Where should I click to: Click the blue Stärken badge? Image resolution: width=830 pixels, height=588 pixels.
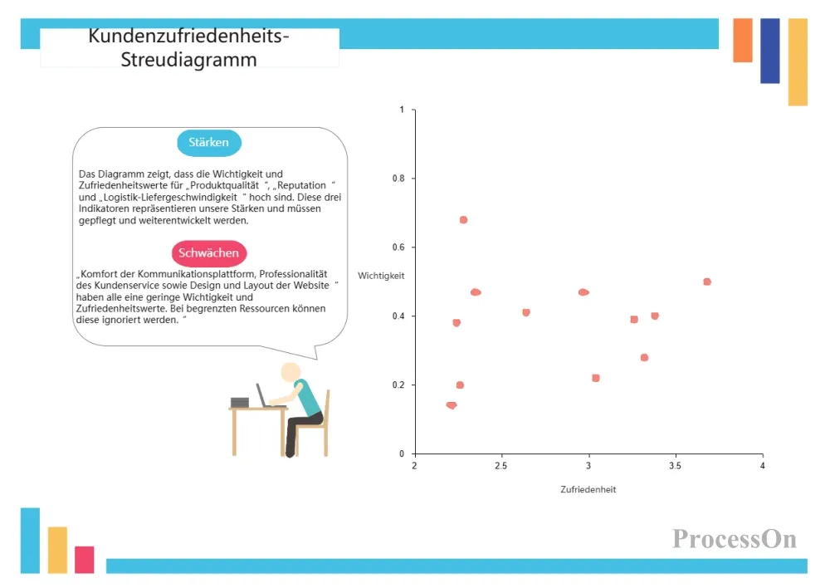pyautogui.click(x=209, y=143)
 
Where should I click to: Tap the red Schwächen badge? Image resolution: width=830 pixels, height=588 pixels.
pyautogui.click(x=209, y=253)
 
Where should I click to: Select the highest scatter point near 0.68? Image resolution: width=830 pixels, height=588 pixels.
pyautogui.click(x=463, y=220)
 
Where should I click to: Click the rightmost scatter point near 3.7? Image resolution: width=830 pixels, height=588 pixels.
pyautogui.click(x=706, y=282)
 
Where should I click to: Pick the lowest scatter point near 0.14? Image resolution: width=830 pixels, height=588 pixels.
pyautogui.click(x=452, y=405)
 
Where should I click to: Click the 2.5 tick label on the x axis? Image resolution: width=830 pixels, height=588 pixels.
pyautogui.click(x=500, y=466)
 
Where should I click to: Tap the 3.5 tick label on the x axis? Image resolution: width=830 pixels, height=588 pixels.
pyautogui.click(x=675, y=466)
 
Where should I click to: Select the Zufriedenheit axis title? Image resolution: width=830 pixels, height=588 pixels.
pyautogui.click(x=588, y=489)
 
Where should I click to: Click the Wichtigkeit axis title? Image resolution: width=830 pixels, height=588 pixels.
pyautogui.click(x=381, y=276)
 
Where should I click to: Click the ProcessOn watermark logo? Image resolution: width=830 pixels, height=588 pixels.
pyautogui.click(x=735, y=539)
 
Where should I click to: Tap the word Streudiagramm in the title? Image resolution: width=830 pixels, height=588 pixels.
pyautogui.click(x=188, y=60)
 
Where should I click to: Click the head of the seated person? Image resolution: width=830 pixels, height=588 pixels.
pyautogui.click(x=290, y=372)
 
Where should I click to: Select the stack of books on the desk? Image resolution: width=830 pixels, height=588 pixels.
pyautogui.click(x=240, y=403)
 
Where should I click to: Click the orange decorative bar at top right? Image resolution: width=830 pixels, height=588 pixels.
pyautogui.click(x=743, y=40)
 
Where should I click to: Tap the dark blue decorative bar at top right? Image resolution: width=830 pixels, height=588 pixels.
pyautogui.click(x=770, y=51)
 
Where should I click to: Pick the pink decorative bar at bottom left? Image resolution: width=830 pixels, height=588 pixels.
pyautogui.click(x=84, y=560)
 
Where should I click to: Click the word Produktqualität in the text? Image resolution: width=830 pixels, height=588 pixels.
pyautogui.click(x=224, y=185)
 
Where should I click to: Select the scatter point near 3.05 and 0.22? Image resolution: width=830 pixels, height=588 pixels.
pyautogui.click(x=595, y=378)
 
